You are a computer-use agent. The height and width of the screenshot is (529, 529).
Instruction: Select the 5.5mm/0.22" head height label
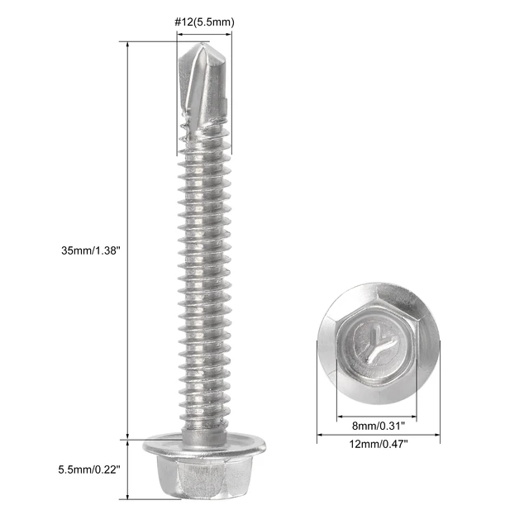click(x=89, y=469)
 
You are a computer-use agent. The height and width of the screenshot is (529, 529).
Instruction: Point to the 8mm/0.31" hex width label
click(x=376, y=427)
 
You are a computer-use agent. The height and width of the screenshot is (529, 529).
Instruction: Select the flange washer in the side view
click(x=203, y=447)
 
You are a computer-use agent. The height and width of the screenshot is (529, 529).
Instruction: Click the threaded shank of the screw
click(x=203, y=273)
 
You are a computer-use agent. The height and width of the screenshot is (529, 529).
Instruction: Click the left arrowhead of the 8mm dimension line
click(x=338, y=417)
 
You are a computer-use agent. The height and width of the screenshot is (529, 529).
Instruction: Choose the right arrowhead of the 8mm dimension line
click(x=414, y=417)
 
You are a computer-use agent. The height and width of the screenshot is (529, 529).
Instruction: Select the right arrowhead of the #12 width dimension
click(x=229, y=34)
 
